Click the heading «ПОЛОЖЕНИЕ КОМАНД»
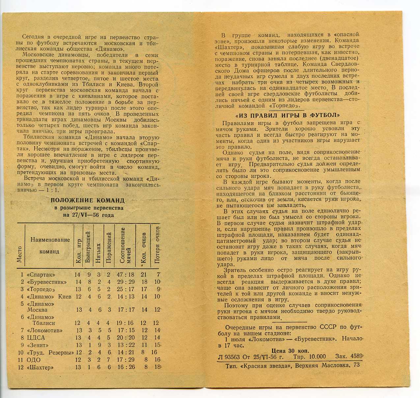point(87,200)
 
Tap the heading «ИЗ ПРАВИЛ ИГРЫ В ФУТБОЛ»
point(288,115)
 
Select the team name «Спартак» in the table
point(41,275)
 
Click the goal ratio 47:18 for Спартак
point(125,275)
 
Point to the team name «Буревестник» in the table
point(47,282)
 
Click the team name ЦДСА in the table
point(37,338)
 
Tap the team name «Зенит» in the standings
point(39,345)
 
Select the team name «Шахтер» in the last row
point(40,367)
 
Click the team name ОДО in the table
point(34,360)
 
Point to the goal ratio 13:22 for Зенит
point(125,345)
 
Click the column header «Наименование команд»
point(50,245)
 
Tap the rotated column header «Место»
point(19,254)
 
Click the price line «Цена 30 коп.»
point(290,351)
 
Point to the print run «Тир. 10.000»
point(309,357)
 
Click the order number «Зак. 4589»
point(349,356)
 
